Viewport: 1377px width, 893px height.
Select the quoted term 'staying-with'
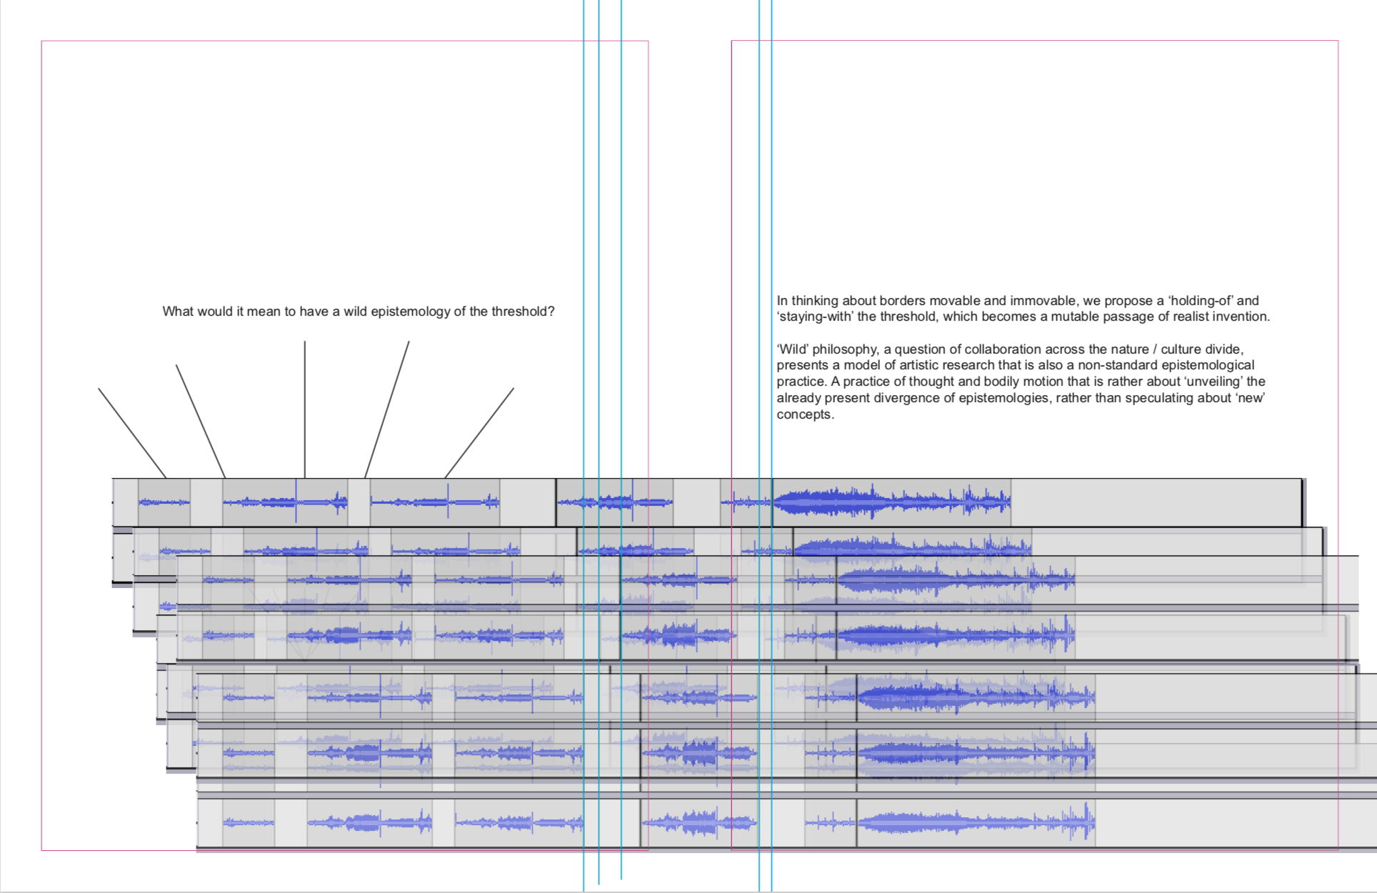pos(815,316)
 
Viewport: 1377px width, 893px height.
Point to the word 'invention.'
pos(1240,316)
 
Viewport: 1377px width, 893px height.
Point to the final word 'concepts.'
pos(805,414)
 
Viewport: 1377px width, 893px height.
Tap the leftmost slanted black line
pos(132,433)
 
